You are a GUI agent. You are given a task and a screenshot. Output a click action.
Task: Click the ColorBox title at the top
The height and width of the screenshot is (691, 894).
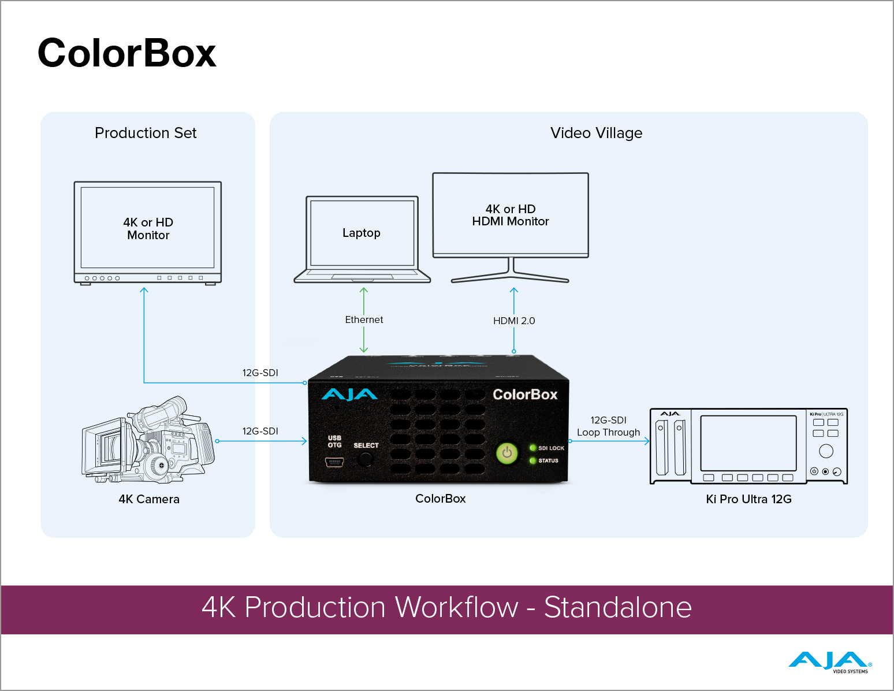pos(126,53)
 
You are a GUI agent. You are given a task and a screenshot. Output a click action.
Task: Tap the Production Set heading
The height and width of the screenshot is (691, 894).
pos(146,133)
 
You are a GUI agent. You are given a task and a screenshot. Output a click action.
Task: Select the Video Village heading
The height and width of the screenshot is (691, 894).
pos(596,133)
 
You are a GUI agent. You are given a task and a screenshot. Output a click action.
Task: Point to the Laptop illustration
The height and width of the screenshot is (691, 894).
pos(362,239)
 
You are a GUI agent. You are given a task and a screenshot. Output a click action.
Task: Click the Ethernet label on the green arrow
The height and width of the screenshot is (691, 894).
pos(364,320)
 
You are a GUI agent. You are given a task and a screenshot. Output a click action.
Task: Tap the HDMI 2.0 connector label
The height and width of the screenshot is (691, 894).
pos(514,321)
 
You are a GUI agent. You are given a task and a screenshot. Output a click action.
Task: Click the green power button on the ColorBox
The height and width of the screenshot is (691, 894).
pos(507,453)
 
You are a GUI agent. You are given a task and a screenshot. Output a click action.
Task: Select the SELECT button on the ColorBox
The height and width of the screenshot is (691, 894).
pos(365,459)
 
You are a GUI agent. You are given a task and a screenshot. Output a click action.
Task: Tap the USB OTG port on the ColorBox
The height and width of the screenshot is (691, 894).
pos(334,462)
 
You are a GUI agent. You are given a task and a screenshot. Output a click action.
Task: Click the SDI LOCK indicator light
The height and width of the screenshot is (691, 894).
pos(533,448)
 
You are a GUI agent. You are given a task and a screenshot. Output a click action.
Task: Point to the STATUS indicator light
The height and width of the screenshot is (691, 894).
pos(533,460)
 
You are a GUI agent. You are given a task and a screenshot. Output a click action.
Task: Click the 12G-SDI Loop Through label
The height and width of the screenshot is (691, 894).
pos(608,426)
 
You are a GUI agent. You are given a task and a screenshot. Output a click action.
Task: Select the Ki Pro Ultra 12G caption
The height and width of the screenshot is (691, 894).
pos(748,499)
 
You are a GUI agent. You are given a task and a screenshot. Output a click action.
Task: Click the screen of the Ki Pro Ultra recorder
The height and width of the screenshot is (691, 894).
pos(748,443)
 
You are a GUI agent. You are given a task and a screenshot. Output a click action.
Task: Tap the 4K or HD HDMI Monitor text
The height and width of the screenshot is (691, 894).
pos(511,215)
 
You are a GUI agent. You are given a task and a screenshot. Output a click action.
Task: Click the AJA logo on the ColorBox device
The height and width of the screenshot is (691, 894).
pos(349,395)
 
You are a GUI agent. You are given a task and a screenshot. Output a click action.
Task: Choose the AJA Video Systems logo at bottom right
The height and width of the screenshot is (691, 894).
pos(829,662)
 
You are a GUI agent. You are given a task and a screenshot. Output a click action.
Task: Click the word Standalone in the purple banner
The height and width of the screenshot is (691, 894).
pos(617,608)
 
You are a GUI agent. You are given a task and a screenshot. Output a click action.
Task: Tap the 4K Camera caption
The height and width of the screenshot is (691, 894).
pos(149,499)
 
